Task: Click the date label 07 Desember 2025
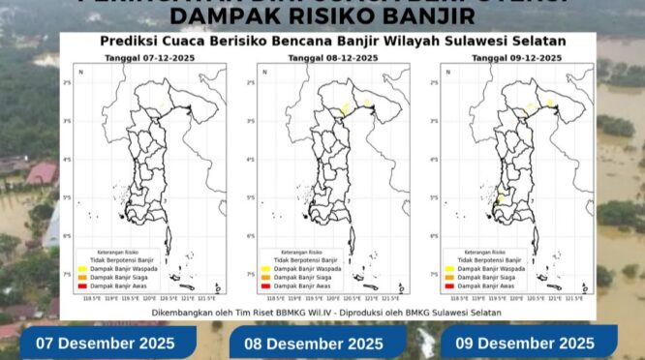(106, 344)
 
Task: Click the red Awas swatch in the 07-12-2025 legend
(83, 286)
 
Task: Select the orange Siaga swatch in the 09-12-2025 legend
(449, 278)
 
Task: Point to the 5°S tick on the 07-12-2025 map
(69, 197)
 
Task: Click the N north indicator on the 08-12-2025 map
(264, 73)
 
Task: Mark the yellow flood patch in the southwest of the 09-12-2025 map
(501, 197)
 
